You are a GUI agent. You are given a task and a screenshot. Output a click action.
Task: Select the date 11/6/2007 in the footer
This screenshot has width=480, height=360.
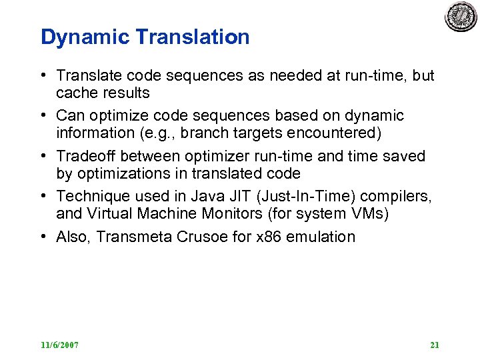point(59,345)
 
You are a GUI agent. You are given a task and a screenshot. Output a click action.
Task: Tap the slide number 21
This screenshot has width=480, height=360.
point(435,345)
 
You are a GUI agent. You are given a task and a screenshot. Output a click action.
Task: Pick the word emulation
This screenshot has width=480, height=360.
point(321,237)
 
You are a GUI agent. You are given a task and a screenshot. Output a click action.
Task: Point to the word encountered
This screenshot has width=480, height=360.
point(336,133)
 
